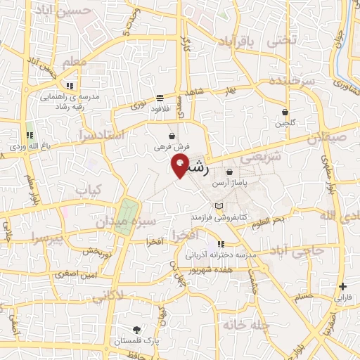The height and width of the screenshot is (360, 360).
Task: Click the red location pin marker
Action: click(x=181, y=166)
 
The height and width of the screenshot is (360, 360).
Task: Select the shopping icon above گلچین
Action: click(x=285, y=112)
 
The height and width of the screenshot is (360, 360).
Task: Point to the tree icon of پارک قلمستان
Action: click(x=137, y=328)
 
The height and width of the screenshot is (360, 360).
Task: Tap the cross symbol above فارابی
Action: click(x=342, y=286)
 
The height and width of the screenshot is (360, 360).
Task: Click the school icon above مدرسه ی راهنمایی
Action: click(x=69, y=85)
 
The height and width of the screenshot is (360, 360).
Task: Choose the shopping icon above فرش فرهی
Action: click(x=172, y=136)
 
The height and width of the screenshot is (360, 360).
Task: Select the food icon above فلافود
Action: click(x=160, y=98)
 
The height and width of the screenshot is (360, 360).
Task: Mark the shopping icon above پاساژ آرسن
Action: click(x=230, y=172)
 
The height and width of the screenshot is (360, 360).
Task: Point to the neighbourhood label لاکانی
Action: click(x=127, y=295)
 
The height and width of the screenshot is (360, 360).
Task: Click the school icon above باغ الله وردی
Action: click(x=30, y=135)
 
